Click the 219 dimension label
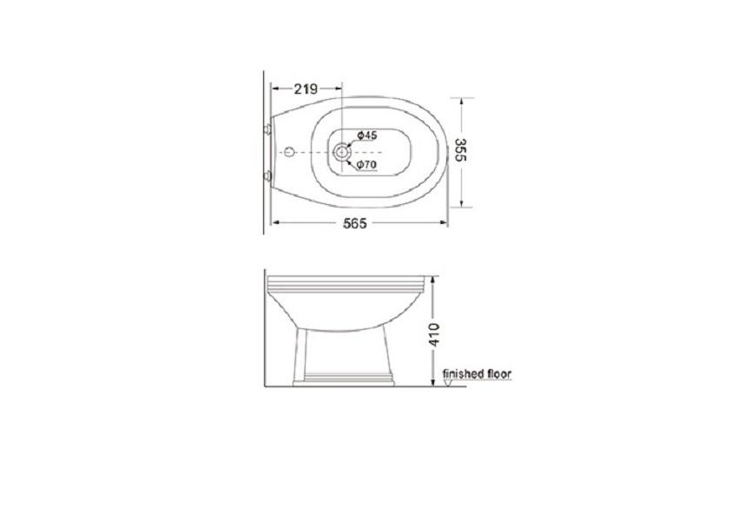pyautogui.click(x=306, y=89)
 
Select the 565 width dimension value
pyautogui.click(x=355, y=223)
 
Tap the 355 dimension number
pyautogui.click(x=460, y=149)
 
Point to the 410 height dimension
pyautogui.click(x=434, y=335)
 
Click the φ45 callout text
pyautogui.click(x=366, y=135)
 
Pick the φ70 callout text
pyautogui.click(x=366, y=165)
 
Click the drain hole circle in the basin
pyautogui.click(x=341, y=152)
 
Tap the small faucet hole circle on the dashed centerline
pyautogui.click(x=289, y=152)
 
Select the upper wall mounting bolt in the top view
pyautogui.click(x=268, y=129)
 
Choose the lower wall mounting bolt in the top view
pyautogui.click(x=268, y=176)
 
